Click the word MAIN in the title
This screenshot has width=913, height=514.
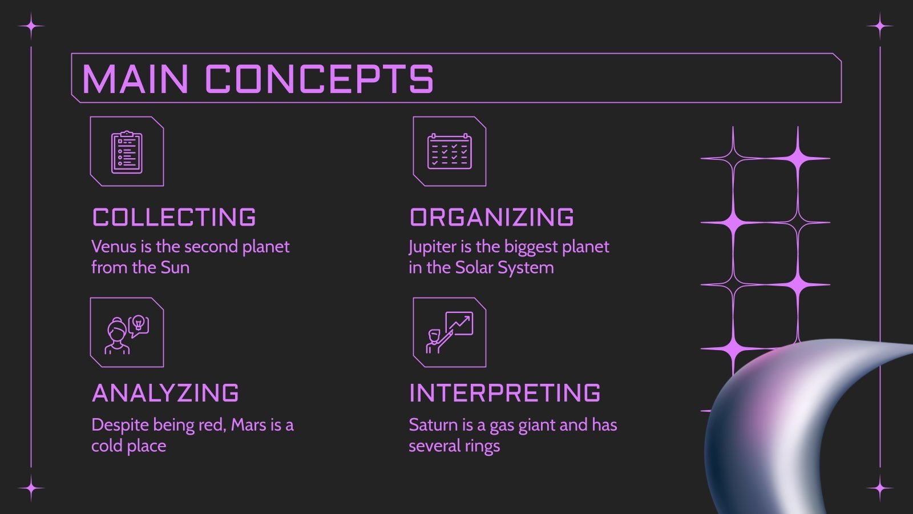(135, 79)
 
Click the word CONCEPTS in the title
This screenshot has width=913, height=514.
(319, 79)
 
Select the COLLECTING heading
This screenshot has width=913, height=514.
(174, 218)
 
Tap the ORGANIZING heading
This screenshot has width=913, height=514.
(492, 218)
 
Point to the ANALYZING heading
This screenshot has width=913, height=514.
(165, 393)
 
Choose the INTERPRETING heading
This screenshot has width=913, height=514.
(505, 393)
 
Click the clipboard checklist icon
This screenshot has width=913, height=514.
(127, 152)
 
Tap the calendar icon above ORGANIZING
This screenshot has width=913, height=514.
(450, 152)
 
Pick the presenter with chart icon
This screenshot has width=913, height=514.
(450, 333)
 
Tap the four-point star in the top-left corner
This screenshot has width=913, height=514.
(31, 26)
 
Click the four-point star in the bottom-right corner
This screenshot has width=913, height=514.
(880, 488)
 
